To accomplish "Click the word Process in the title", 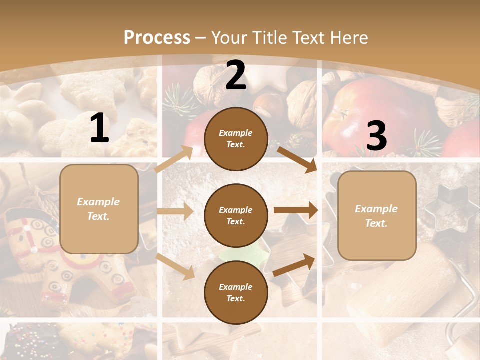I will pyautogui.click(x=157, y=38).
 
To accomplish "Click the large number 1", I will pyautogui.click(x=99, y=128).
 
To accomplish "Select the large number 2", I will pyautogui.click(x=236, y=76).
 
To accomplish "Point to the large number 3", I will pyautogui.click(x=376, y=136).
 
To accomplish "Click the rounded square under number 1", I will pyautogui.click(x=99, y=209).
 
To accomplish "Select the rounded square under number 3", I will pyautogui.click(x=377, y=215).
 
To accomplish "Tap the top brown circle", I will pyautogui.click(x=236, y=139).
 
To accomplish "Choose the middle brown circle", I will pyautogui.click(x=236, y=215).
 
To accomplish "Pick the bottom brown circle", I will pyautogui.click(x=236, y=292).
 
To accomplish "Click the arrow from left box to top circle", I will pyautogui.click(x=174, y=159).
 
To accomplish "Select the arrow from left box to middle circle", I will pyautogui.click(x=175, y=211).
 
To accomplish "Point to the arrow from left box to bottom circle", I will pyautogui.click(x=175, y=266).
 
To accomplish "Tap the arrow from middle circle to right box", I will pyautogui.click(x=296, y=210).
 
